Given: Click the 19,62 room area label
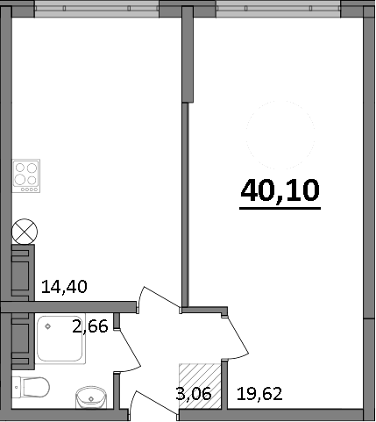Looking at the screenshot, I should click(260, 394).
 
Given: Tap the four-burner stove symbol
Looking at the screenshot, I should click(27, 175).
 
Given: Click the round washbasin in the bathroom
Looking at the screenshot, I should click(90, 397).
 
